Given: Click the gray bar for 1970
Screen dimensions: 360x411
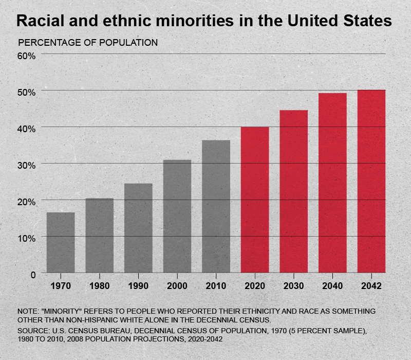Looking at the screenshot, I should (61, 242).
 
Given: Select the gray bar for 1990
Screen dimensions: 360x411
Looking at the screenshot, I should (138, 228).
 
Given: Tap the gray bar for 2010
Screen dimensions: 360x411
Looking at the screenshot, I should (216, 206).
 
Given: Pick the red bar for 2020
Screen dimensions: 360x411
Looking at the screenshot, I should (255, 200).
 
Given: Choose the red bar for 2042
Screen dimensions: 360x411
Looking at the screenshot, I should (371, 181).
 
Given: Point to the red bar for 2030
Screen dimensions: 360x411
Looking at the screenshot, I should (294, 191).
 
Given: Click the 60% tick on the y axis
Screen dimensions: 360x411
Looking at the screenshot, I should (26, 55).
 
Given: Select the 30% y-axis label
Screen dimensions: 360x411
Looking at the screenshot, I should (26, 165).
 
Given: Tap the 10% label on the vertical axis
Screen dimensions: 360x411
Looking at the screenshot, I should (26, 238).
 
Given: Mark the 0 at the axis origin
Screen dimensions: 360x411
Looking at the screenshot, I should (32, 274).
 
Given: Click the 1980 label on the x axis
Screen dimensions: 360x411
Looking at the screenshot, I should (99, 286).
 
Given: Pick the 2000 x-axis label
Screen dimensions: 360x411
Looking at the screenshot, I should (177, 286).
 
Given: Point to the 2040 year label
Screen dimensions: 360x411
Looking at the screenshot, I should (332, 286).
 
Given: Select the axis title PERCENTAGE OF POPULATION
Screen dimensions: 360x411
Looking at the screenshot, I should (88, 43).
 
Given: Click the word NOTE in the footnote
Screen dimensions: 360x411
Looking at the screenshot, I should (27, 312).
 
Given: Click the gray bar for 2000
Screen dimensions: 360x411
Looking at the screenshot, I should (177, 216).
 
